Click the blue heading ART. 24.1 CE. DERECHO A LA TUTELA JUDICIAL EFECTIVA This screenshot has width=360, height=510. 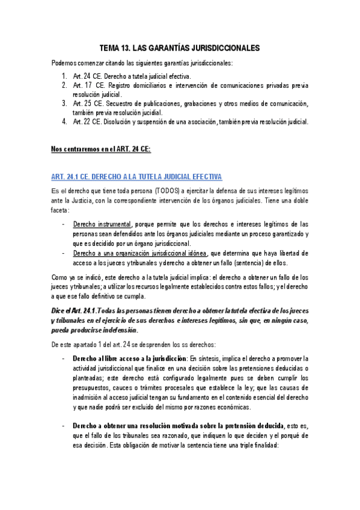[x=137, y=176]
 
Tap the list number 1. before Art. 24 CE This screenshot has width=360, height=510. [x=64, y=76]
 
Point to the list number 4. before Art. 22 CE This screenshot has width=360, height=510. [x=64, y=121]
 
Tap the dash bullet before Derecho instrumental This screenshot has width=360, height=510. [x=64, y=224]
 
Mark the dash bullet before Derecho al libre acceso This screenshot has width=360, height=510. [x=64, y=358]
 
